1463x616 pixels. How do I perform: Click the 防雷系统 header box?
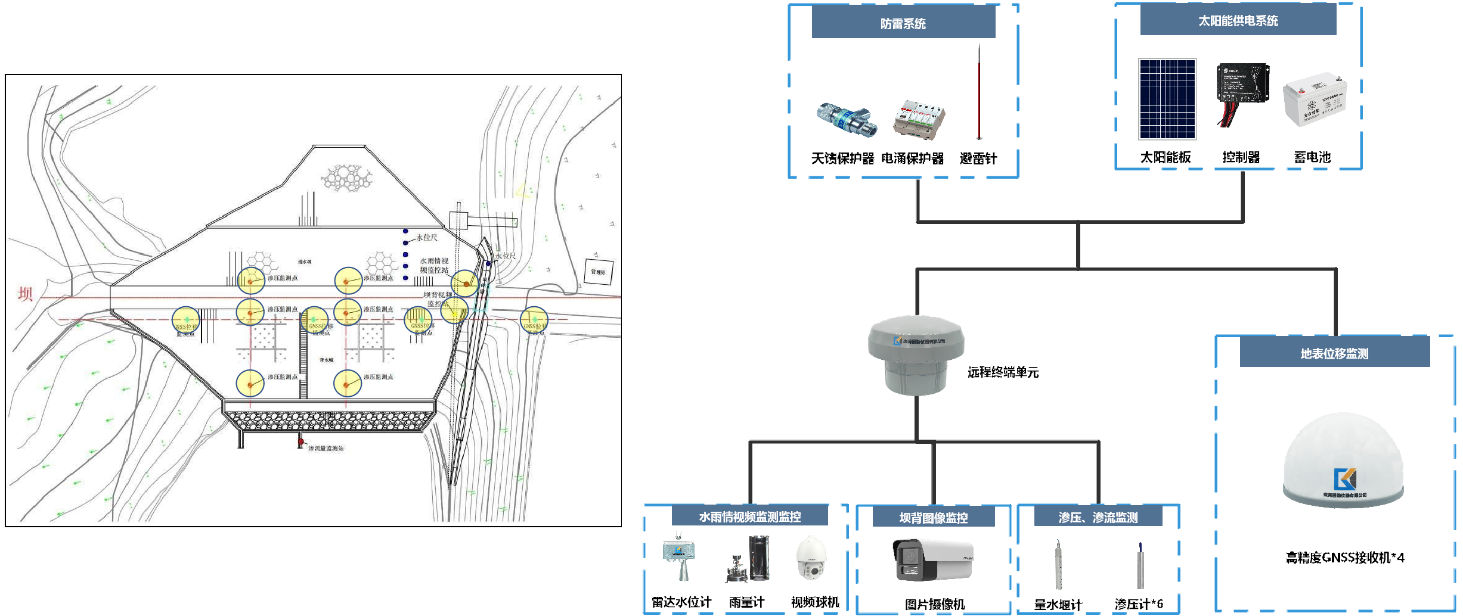click(903, 24)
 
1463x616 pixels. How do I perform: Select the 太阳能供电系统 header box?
click(1238, 21)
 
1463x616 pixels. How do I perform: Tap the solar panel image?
click(1167, 99)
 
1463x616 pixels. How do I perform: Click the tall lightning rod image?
click(978, 92)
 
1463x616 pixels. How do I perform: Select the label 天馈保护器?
click(842, 158)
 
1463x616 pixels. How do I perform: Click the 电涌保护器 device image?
click(919, 119)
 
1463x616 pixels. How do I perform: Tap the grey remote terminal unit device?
click(916, 355)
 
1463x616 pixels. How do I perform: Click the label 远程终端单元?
click(1003, 372)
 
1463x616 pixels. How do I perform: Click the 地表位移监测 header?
click(1334, 354)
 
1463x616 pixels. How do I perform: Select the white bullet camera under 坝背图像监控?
click(933, 560)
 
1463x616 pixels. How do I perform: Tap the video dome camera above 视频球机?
click(811, 558)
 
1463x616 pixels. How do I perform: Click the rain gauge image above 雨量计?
click(748, 559)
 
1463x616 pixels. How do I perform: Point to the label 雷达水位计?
click(681, 602)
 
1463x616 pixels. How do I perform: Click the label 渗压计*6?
click(1138, 604)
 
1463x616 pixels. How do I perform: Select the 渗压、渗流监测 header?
click(1098, 517)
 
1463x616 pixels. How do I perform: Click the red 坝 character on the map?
click(25, 294)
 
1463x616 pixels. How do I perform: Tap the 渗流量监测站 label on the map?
click(326, 448)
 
